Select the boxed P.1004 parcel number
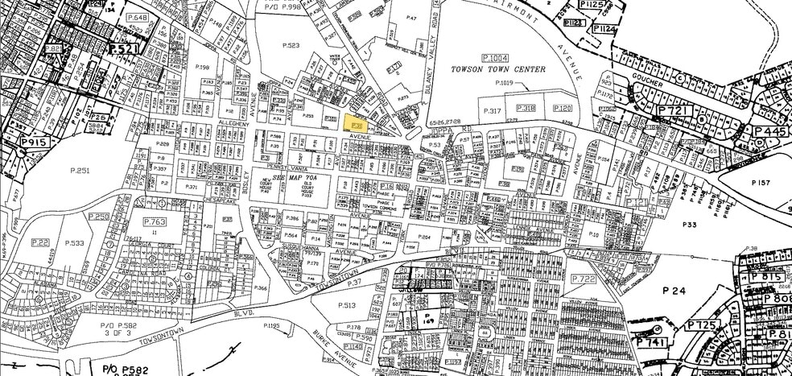(x=495, y=57)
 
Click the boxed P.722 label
(x=583, y=278)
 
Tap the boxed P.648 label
(x=138, y=18)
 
